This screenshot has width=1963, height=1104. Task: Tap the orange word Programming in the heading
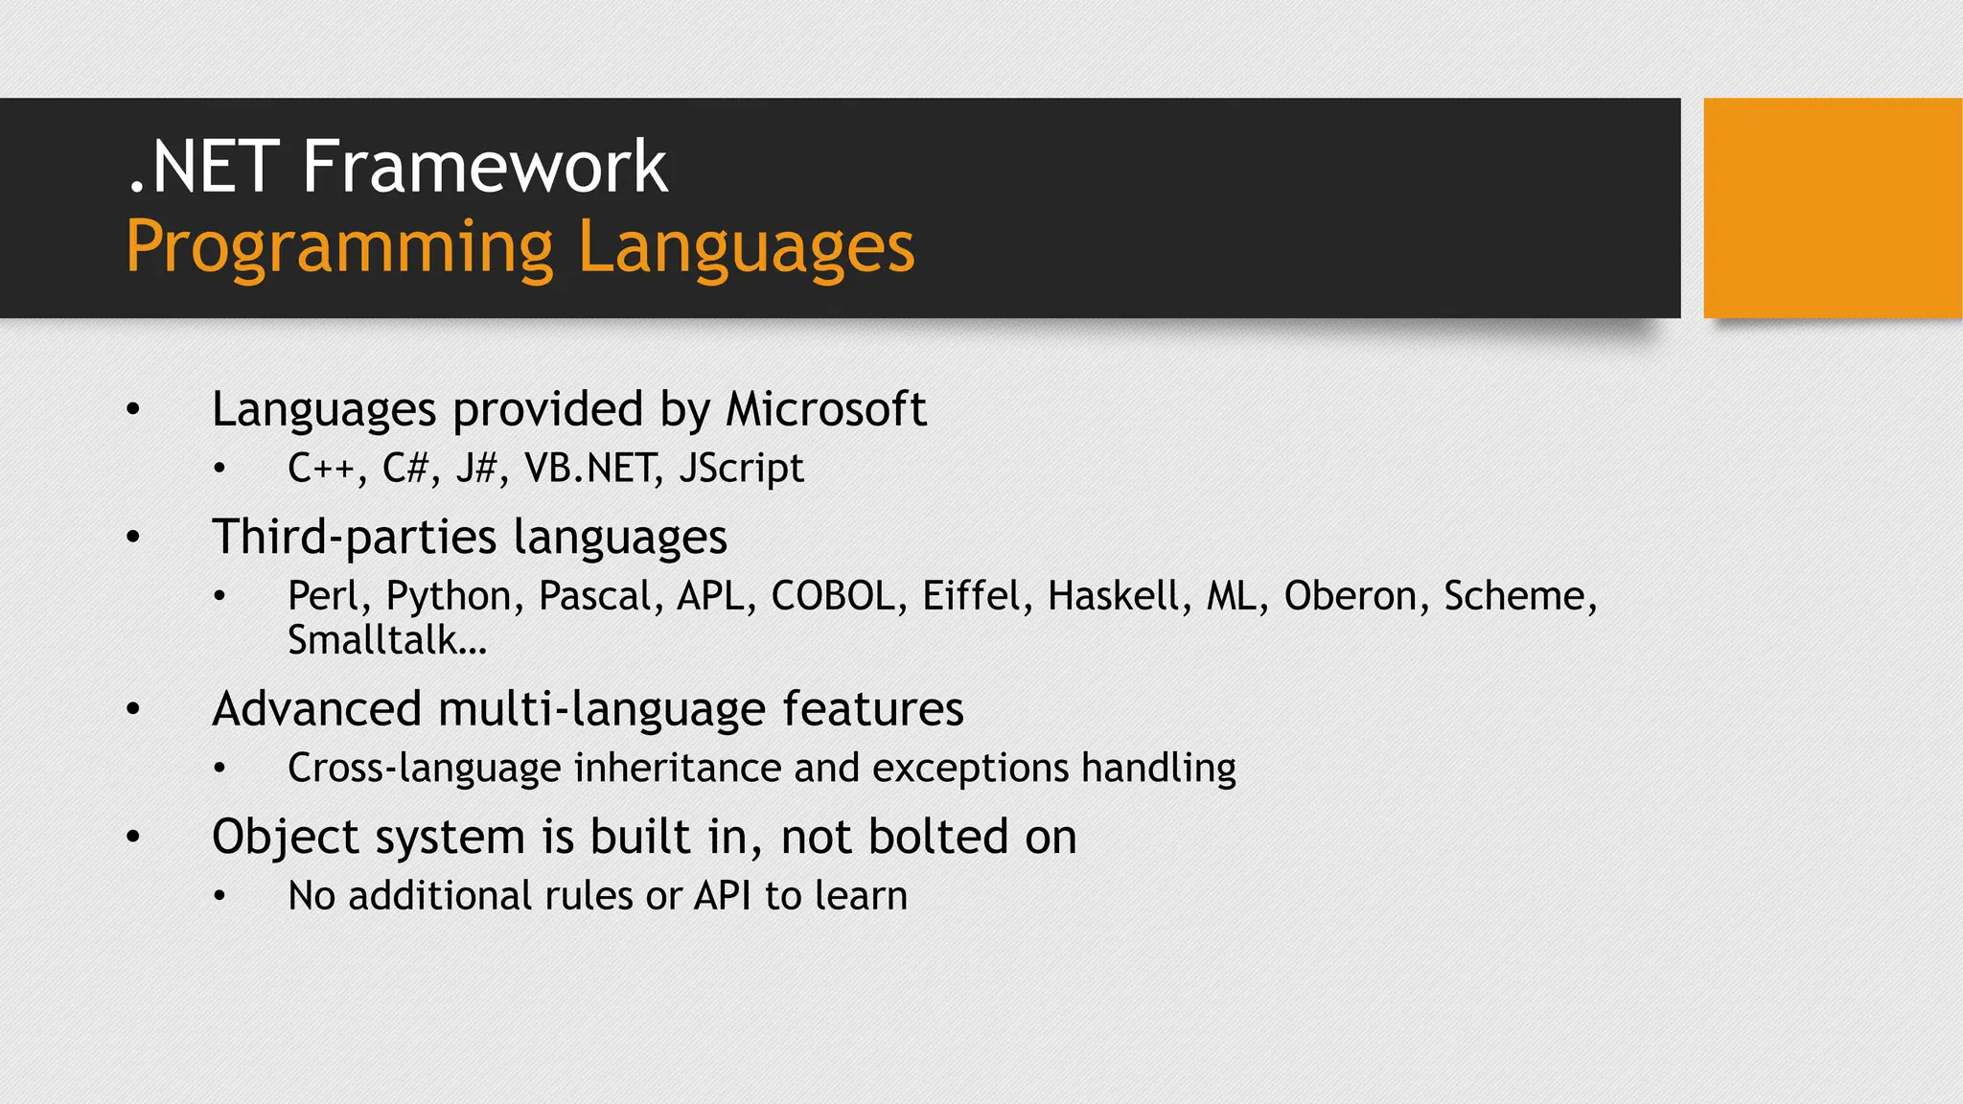click(x=339, y=248)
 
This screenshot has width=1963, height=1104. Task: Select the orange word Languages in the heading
click(x=747, y=248)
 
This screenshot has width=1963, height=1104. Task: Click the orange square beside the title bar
click(x=1832, y=208)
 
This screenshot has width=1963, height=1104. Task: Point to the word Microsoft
click(x=825, y=409)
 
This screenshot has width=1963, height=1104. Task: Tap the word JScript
click(x=741, y=469)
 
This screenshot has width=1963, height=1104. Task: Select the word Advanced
click(x=316, y=709)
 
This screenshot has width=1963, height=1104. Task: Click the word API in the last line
click(x=723, y=896)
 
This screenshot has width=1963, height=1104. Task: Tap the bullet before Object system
click(x=133, y=837)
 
